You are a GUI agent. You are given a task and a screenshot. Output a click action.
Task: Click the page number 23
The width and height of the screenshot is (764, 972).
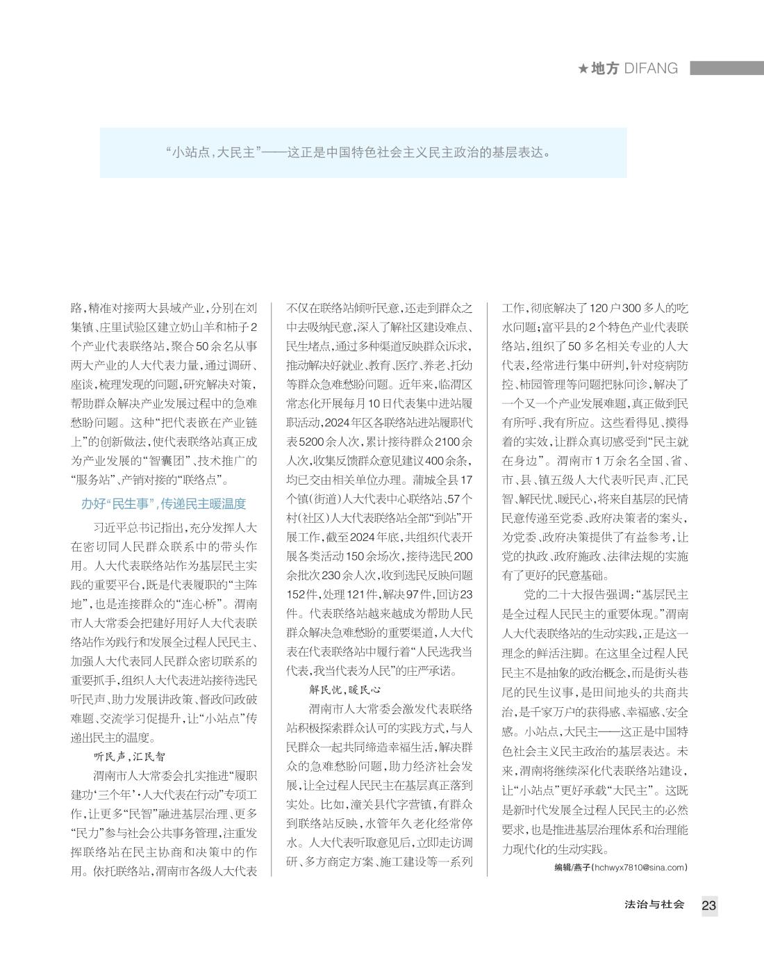click(x=708, y=905)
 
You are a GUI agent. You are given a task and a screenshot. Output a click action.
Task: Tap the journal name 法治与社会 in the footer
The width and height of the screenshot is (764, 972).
click(x=654, y=905)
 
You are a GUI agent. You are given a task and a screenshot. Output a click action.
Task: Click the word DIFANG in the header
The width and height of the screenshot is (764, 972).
click(x=651, y=68)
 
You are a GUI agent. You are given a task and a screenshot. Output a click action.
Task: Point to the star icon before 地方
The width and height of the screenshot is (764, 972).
click(x=583, y=69)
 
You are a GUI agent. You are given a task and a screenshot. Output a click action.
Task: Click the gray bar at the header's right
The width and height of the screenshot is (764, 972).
click(x=726, y=68)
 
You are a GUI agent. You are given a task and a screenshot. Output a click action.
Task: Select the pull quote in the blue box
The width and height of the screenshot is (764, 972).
click(x=363, y=152)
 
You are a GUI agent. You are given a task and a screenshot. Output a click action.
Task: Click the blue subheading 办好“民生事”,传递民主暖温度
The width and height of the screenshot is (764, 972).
click(x=164, y=504)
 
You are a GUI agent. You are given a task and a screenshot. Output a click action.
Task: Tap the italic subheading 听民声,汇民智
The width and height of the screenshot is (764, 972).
click(x=129, y=756)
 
